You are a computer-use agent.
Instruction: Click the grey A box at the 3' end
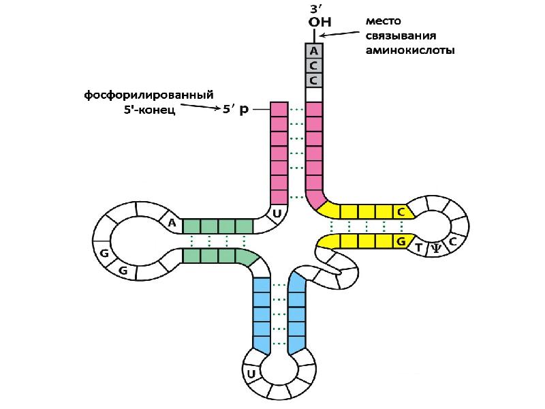313,50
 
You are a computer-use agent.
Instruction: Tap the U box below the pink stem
277,213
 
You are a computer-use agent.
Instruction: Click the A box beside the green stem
172,222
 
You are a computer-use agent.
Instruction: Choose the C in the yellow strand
401,212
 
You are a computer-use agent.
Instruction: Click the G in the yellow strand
401,241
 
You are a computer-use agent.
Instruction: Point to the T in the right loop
419,247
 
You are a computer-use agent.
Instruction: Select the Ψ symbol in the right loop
435,249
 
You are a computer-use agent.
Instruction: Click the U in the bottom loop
251,374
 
